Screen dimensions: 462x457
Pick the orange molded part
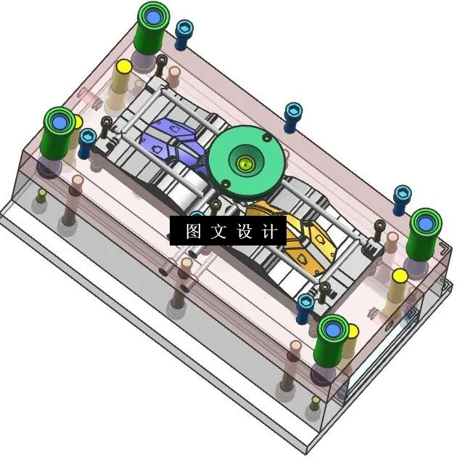pyautogui.click(x=297, y=236)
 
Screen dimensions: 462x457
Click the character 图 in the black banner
pyautogui.click(x=193, y=232)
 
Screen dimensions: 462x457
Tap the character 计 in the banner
pyautogui.click(x=269, y=232)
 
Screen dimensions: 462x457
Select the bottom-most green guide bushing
pyautogui.click(x=334, y=331)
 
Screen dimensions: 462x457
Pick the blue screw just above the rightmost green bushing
pyautogui.click(x=402, y=194)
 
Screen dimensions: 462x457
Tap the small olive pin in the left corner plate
pyautogui.click(x=42, y=194)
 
